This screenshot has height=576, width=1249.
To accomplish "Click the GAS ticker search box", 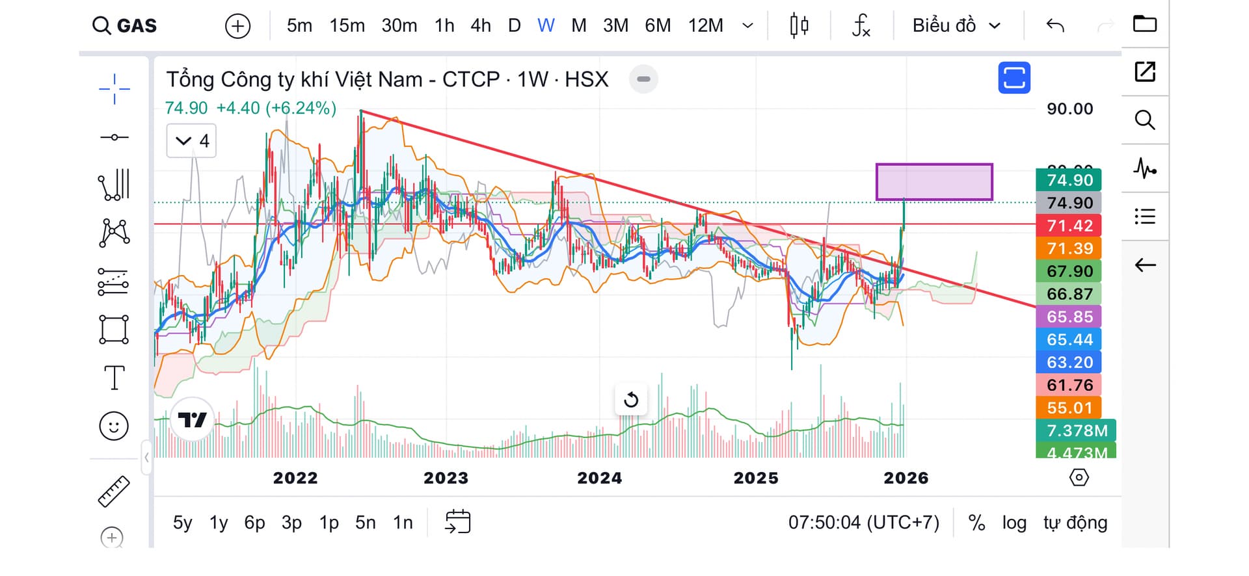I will (x=126, y=26).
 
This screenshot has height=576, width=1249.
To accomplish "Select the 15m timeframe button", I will (x=347, y=26).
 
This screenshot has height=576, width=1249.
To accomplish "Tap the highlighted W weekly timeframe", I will (x=546, y=26).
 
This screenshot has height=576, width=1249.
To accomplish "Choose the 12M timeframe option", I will (x=705, y=26).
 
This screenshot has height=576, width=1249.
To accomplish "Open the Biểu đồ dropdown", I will (x=956, y=26).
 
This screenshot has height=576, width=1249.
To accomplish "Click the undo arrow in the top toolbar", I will (x=1055, y=26).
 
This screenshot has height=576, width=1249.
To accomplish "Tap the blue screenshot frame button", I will (x=1014, y=78).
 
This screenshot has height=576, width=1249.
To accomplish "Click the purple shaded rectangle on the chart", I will (x=934, y=181).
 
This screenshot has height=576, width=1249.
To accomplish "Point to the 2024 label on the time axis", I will (x=599, y=478).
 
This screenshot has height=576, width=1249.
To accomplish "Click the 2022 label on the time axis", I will (x=295, y=478).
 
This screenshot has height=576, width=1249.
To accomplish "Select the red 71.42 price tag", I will (x=1069, y=226).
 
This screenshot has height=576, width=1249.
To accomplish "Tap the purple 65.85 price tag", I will (x=1069, y=317).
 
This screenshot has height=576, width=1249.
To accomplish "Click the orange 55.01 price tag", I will (x=1069, y=408).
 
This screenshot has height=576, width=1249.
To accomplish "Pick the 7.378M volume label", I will (x=1076, y=430).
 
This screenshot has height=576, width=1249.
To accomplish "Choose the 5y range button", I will (x=183, y=523).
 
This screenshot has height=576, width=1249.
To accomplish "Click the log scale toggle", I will (x=1014, y=523).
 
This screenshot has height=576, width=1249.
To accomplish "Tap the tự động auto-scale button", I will (x=1075, y=523).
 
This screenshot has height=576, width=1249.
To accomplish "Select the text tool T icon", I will (x=114, y=378).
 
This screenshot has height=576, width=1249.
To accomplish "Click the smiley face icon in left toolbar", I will (x=114, y=426).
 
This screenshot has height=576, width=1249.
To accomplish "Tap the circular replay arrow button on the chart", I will (x=631, y=400).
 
